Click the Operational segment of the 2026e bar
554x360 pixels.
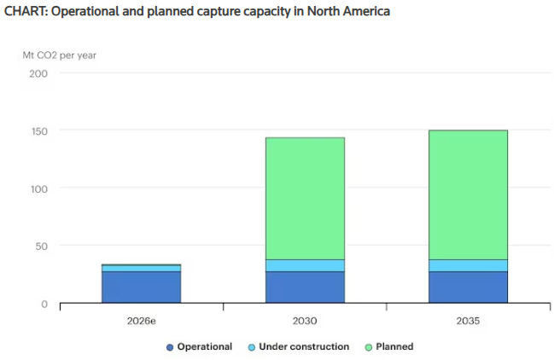(x=141, y=287)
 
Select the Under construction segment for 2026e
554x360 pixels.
(x=141, y=268)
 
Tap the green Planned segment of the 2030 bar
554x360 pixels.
(x=305, y=198)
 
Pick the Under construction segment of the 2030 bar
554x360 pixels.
(x=305, y=265)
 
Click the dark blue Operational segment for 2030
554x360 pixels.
(x=305, y=287)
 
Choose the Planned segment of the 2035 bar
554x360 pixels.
(x=468, y=195)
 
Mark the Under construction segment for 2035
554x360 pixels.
(x=468, y=265)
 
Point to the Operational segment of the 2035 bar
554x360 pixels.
(x=468, y=287)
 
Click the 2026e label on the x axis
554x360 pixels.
(x=141, y=321)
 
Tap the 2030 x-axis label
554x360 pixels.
(x=305, y=321)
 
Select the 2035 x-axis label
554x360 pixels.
(x=468, y=321)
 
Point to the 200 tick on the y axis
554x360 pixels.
(x=38, y=73)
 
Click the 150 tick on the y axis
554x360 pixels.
(x=38, y=131)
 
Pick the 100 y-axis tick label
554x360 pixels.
(x=38, y=189)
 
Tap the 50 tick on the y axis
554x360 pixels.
(x=41, y=247)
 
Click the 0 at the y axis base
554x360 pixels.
(x=44, y=304)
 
